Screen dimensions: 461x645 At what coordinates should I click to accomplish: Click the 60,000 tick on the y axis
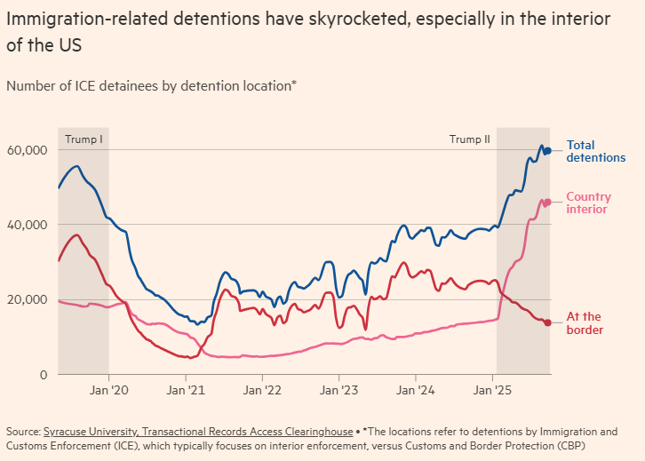(26, 150)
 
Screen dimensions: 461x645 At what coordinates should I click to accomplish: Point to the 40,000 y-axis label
(26, 225)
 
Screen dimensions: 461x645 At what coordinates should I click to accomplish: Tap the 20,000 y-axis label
(26, 299)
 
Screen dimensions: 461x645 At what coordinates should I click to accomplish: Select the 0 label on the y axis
(41, 374)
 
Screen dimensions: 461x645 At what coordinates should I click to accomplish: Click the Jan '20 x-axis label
(109, 389)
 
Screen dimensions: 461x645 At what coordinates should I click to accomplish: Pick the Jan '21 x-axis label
(187, 389)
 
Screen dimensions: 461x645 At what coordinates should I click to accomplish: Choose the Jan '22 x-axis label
(264, 389)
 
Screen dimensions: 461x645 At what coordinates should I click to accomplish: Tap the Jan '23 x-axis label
(340, 389)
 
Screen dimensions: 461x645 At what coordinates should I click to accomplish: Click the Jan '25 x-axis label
(495, 389)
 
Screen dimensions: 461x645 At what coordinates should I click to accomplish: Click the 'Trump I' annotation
(84, 139)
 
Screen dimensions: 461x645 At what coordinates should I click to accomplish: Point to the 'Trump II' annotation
(469, 139)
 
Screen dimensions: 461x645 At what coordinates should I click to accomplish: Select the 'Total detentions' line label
(595, 151)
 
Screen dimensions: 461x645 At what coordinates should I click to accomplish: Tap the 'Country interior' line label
(587, 203)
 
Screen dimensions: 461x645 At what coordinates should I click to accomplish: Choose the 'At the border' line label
(585, 323)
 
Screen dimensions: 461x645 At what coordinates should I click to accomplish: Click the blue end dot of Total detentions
(548, 151)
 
